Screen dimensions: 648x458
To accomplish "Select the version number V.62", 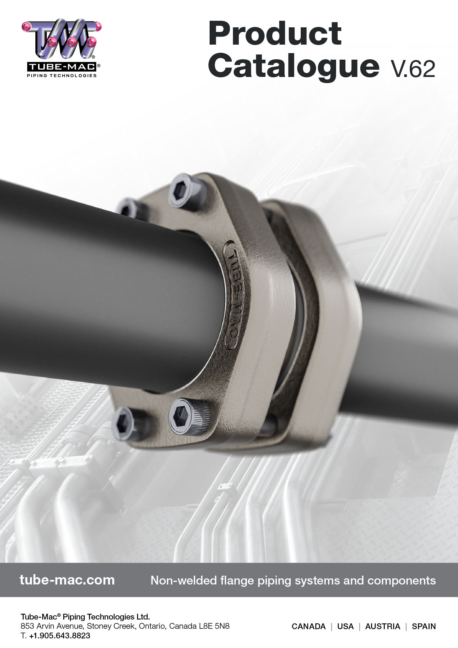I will point(413,69).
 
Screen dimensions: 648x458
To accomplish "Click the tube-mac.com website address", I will point(67,580).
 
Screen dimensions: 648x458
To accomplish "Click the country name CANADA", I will point(308,626).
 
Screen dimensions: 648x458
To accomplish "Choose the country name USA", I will point(345,626).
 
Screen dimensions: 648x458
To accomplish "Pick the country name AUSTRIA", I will point(383,626).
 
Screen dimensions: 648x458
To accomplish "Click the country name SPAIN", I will point(424,626).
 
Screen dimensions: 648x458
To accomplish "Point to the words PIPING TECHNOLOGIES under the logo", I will point(62,75).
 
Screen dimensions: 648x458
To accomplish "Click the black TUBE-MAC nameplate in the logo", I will point(61,67).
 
